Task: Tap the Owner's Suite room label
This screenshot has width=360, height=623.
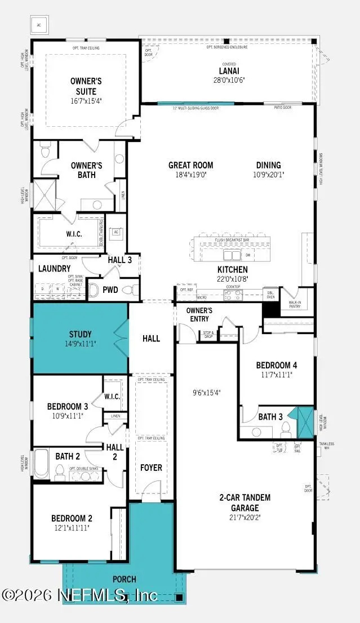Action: click(x=86, y=86)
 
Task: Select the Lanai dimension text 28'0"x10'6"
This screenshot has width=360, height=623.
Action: click(x=228, y=80)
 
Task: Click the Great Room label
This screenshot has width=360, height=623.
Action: click(x=191, y=165)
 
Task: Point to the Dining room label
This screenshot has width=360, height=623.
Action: click(x=268, y=165)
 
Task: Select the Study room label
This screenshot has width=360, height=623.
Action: click(x=81, y=334)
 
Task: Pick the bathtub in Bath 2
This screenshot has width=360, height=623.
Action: click(x=41, y=464)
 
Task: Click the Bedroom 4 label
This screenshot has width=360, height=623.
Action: click(x=277, y=365)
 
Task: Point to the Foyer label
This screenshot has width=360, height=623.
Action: click(x=151, y=468)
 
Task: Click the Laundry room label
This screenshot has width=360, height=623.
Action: click(x=55, y=269)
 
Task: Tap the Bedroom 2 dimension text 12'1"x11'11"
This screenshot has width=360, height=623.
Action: click(x=72, y=528)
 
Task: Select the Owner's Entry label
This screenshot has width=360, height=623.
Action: click(x=199, y=314)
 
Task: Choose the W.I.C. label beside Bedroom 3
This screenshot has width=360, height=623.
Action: click(x=112, y=397)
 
